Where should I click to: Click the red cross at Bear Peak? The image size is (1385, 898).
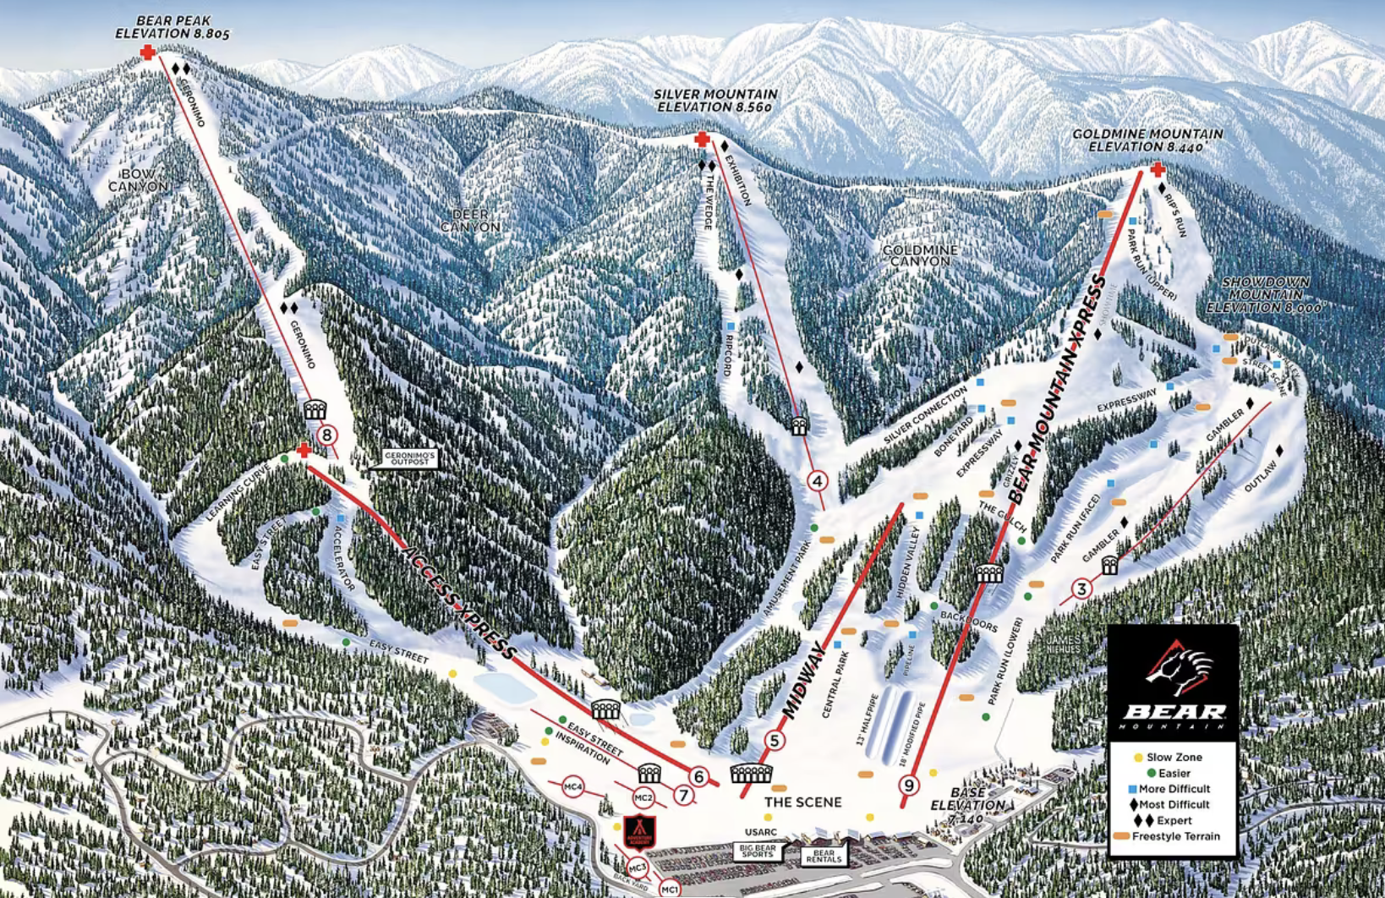148,52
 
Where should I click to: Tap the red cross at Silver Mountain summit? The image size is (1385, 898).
701,139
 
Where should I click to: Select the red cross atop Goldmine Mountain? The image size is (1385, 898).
1158,170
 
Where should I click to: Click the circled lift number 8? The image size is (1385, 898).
326,436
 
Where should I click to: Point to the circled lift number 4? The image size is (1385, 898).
817,481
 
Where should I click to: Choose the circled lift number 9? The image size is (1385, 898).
909,786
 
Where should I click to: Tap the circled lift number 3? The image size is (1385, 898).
1081,589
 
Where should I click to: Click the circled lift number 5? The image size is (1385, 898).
774,741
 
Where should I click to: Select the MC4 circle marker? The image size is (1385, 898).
573,787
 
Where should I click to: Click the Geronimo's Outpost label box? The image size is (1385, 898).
410,458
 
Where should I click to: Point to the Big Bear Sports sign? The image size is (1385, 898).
758,851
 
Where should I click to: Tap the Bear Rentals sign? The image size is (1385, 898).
824,857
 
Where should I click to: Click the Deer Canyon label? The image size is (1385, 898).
470,221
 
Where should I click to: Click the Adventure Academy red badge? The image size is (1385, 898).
639,832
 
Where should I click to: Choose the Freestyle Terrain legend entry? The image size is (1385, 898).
1167,836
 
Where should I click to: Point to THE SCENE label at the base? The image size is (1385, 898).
802,802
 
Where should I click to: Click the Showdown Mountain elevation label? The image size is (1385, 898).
1266,295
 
